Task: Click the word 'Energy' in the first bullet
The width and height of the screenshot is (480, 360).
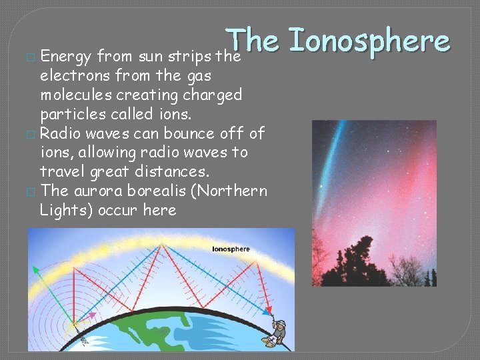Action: pos(66,57)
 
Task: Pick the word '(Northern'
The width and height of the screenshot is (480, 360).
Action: pos(227,191)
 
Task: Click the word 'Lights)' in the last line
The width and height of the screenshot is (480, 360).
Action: pos(66,210)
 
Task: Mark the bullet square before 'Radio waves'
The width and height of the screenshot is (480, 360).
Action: pos(30,134)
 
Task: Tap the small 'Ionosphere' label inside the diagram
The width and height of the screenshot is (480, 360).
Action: pos(231,249)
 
